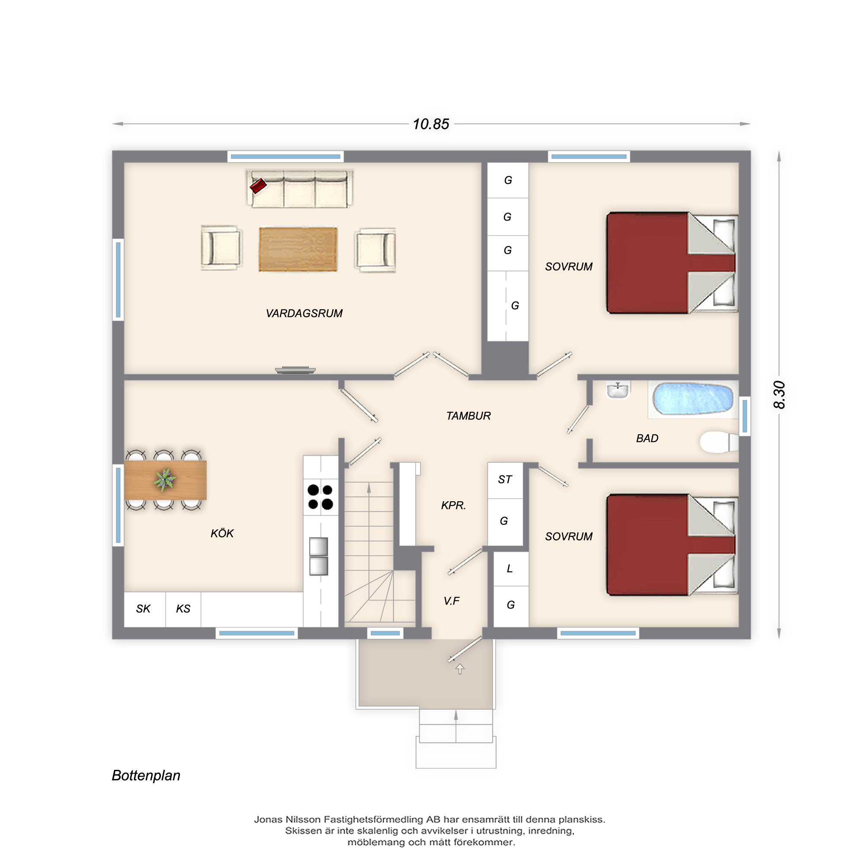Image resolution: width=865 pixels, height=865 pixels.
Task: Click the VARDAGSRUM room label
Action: (304, 314)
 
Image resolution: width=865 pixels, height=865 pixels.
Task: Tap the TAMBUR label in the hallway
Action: (468, 416)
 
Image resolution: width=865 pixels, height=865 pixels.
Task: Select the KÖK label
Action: (222, 533)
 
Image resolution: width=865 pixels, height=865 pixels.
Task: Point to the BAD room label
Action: (647, 438)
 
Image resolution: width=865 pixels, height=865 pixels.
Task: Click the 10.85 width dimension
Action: (431, 124)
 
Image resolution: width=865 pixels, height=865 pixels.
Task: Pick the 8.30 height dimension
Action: (779, 394)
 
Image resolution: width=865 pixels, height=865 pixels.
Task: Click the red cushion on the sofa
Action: (258, 186)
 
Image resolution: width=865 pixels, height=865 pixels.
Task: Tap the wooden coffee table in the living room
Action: (298, 249)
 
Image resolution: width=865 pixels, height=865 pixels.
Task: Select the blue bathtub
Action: (692, 398)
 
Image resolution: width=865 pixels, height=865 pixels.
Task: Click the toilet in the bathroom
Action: (718, 442)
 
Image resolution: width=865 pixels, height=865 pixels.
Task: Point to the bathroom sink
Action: (618, 390)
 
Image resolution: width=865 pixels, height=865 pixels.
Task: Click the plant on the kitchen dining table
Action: (165, 480)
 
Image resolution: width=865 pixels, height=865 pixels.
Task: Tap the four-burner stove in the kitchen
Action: (320, 497)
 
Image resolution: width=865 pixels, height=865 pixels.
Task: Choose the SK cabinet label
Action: (143, 609)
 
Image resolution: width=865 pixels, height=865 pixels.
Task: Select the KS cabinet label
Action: (183, 609)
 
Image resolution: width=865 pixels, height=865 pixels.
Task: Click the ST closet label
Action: (505, 480)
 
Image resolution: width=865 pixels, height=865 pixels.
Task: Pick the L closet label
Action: (509, 569)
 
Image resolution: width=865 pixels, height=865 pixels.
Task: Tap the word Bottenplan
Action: (146, 775)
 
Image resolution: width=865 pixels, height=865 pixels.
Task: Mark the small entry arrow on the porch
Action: (460, 669)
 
